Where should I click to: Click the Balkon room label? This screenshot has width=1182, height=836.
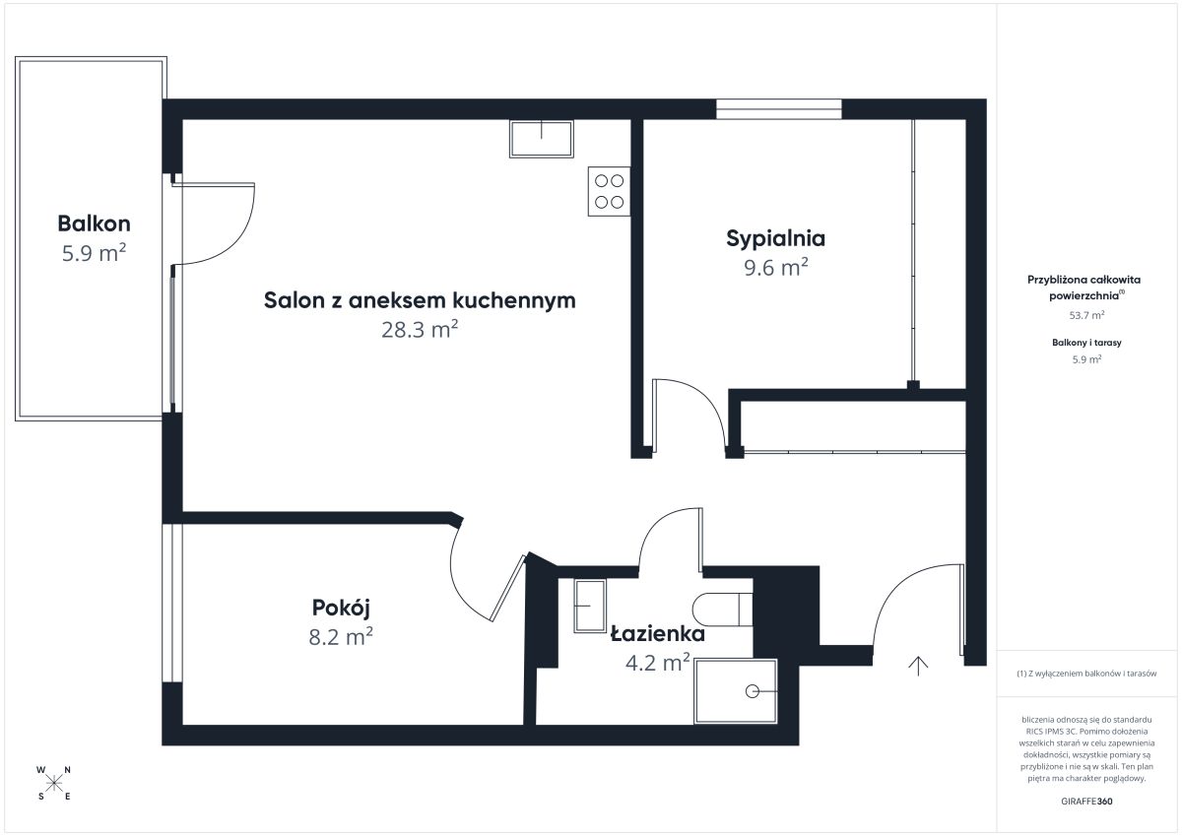click(x=94, y=224)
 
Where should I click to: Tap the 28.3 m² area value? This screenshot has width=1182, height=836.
click(x=420, y=330)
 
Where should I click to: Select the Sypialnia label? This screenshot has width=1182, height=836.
click(x=776, y=239)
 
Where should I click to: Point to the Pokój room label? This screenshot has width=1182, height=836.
click(x=341, y=609)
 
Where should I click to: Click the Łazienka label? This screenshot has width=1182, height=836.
click(x=658, y=633)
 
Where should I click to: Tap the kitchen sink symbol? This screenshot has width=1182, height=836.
click(x=542, y=139)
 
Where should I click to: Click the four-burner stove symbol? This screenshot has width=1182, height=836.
click(x=610, y=191)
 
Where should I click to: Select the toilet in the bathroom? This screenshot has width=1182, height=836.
click(x=722, y=610)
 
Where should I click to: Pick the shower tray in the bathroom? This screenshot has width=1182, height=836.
click(x=736, y=691)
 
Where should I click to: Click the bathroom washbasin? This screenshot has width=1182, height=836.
click(x=590, y=606)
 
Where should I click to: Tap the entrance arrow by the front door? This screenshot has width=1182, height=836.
click(x=918, y=667)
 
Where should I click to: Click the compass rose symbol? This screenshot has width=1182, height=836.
click(x=54, y=783)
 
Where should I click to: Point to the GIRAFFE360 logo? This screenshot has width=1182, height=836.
click(x=1086, y=802)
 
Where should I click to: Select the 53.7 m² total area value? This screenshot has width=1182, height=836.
click(x=1086, y=315)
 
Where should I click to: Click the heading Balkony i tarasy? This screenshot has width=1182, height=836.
click(x=1086, y=343)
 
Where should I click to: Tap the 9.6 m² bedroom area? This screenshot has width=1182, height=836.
click(x=776, y=268)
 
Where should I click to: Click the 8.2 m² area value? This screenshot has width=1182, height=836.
click(x=341, y=637)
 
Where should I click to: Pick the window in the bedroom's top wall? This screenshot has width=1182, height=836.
click(x=779, y=109)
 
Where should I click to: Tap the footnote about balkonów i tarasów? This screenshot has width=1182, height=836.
click(x=1086, y=674)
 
